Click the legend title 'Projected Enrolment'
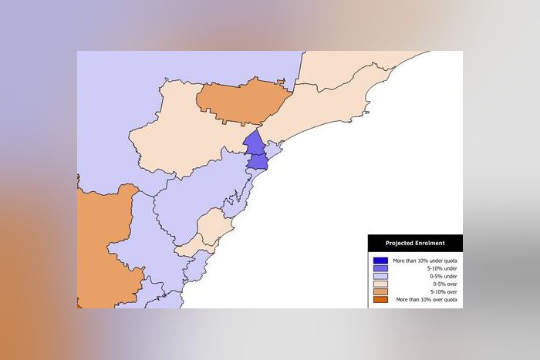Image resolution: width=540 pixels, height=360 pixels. (x=415, y=244)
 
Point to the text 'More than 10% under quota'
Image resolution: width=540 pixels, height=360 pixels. (x=425, y=261)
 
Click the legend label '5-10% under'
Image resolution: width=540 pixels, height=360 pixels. (x=444, y=268)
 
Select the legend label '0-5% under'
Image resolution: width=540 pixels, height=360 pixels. (x=444, y=276)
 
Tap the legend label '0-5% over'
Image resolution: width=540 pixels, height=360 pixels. (x=445, y=284)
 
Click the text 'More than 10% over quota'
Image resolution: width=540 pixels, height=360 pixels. (x=427, y=299)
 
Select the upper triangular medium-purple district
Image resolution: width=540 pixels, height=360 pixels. (x=254, y=143)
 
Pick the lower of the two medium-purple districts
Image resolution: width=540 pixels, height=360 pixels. (x=258, y=161)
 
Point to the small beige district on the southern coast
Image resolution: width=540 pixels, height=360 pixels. (x=211, y=229)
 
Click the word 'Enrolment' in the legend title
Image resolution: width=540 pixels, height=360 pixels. (x=429, y=244)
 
